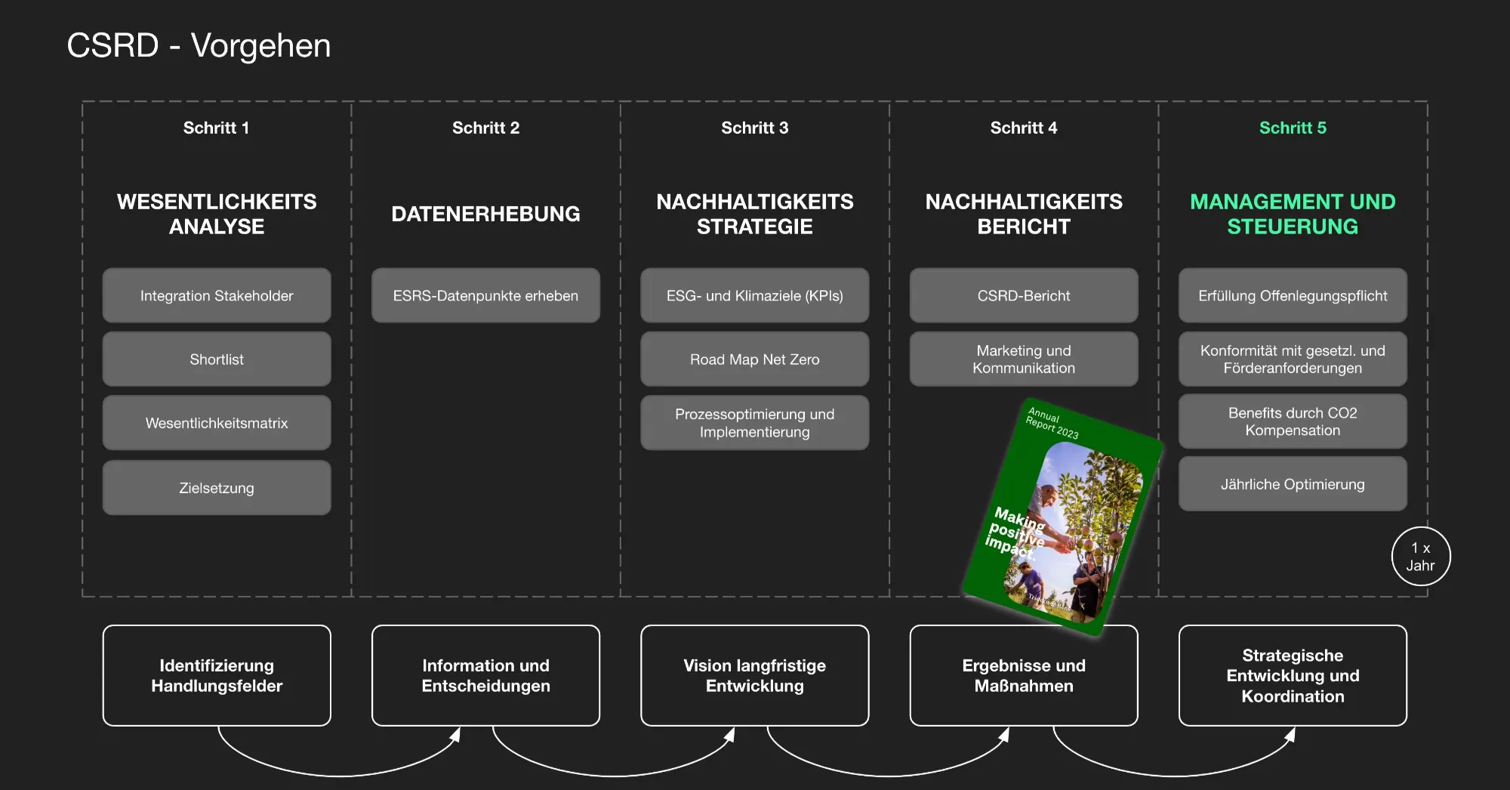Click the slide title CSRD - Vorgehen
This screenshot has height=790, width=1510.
pos(199,45)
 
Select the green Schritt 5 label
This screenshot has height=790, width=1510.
pos(1293,128)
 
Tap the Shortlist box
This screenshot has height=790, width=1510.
pos(217,360)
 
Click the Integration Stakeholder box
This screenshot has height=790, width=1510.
pos(217,296)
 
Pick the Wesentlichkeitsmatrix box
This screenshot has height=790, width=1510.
pos(217,423)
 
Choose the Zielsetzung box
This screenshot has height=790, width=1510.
pos(217,488)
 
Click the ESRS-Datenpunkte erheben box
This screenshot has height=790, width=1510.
pos(485,296)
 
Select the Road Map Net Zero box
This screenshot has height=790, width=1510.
pos(754,360)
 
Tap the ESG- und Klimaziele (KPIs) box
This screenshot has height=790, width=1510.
pos(754,296)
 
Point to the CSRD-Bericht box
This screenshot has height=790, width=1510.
pos(1024,296)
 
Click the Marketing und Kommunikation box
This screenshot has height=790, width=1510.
pos(1024,360)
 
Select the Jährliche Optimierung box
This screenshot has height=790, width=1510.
pos(1293,484)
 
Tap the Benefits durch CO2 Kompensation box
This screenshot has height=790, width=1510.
pos(1293,421)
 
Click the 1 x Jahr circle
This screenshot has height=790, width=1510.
pos(1420,557)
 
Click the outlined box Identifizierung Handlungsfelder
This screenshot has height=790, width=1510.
pos(217,675)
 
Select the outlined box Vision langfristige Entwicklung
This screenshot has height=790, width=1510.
pos(754,675)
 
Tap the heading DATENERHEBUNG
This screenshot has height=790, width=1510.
pos(485,214)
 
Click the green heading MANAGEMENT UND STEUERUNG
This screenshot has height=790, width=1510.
pos(1293,214)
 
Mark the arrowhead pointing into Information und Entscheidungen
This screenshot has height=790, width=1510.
pos(455,735)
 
